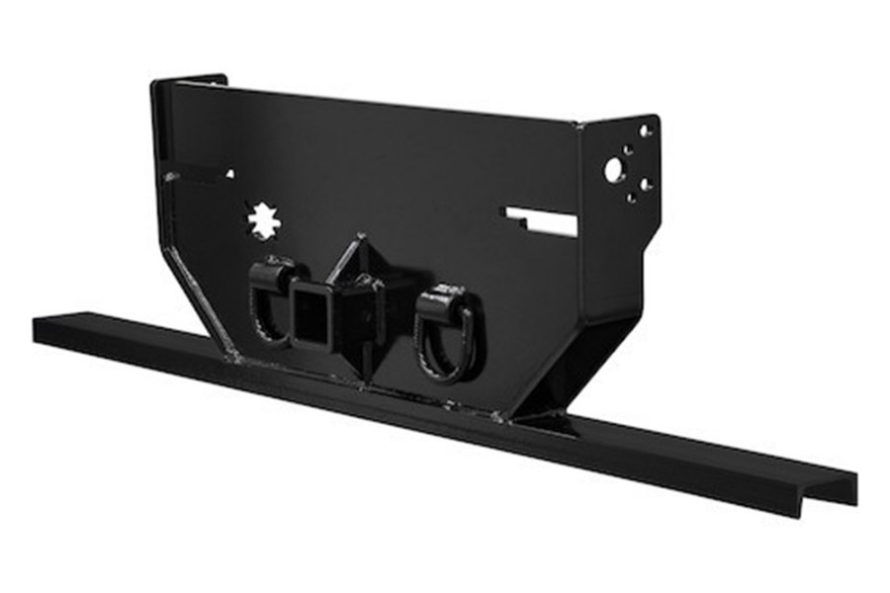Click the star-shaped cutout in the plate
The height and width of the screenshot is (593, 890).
[264, 220]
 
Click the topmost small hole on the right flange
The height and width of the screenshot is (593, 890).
[645, 130]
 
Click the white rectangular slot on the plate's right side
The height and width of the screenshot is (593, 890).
[541, 221]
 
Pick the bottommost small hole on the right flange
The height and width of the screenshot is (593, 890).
[631, 198]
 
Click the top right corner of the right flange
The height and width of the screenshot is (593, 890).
[658, 118]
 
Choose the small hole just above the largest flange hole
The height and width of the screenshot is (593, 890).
[625, 150]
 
